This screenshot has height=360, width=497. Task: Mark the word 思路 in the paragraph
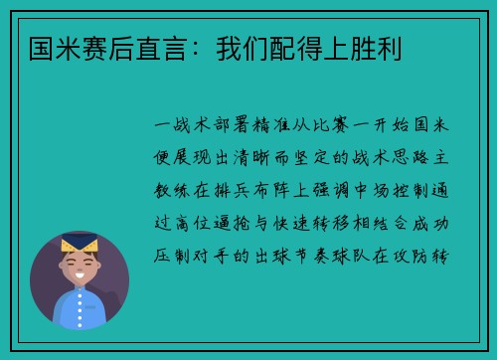[423, 158]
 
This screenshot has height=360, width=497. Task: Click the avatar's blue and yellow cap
[79, 241]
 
